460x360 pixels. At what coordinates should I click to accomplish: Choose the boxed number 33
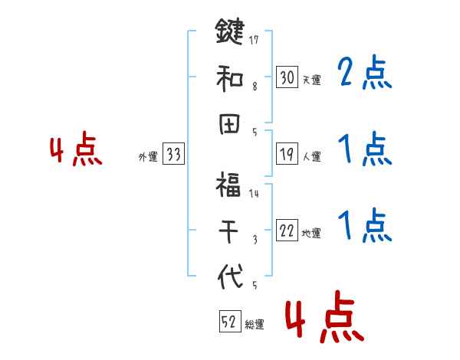(173, 155)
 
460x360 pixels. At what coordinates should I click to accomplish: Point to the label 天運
(311, 80)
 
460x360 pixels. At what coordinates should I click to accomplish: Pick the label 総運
(255, 325)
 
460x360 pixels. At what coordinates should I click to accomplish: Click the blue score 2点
(364, 74)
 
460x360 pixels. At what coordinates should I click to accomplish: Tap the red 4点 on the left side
(76, 151)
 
